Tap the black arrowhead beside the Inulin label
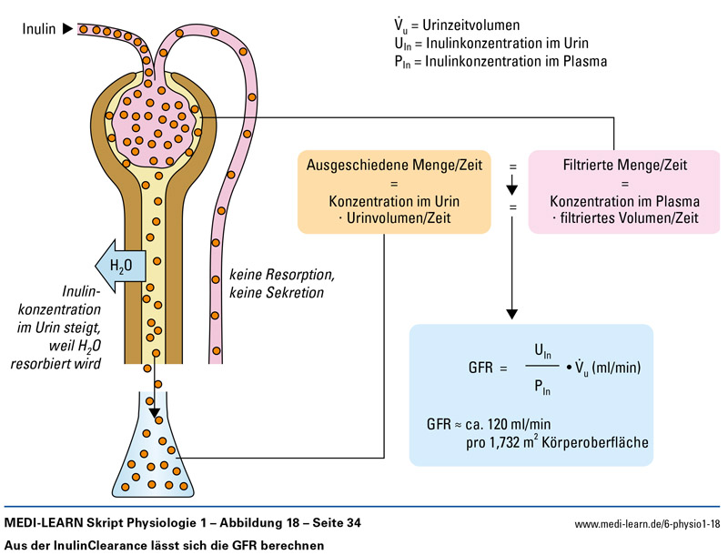pos(66,29)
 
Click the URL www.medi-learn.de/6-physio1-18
pos(647,524)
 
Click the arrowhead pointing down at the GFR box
pos(512,313)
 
